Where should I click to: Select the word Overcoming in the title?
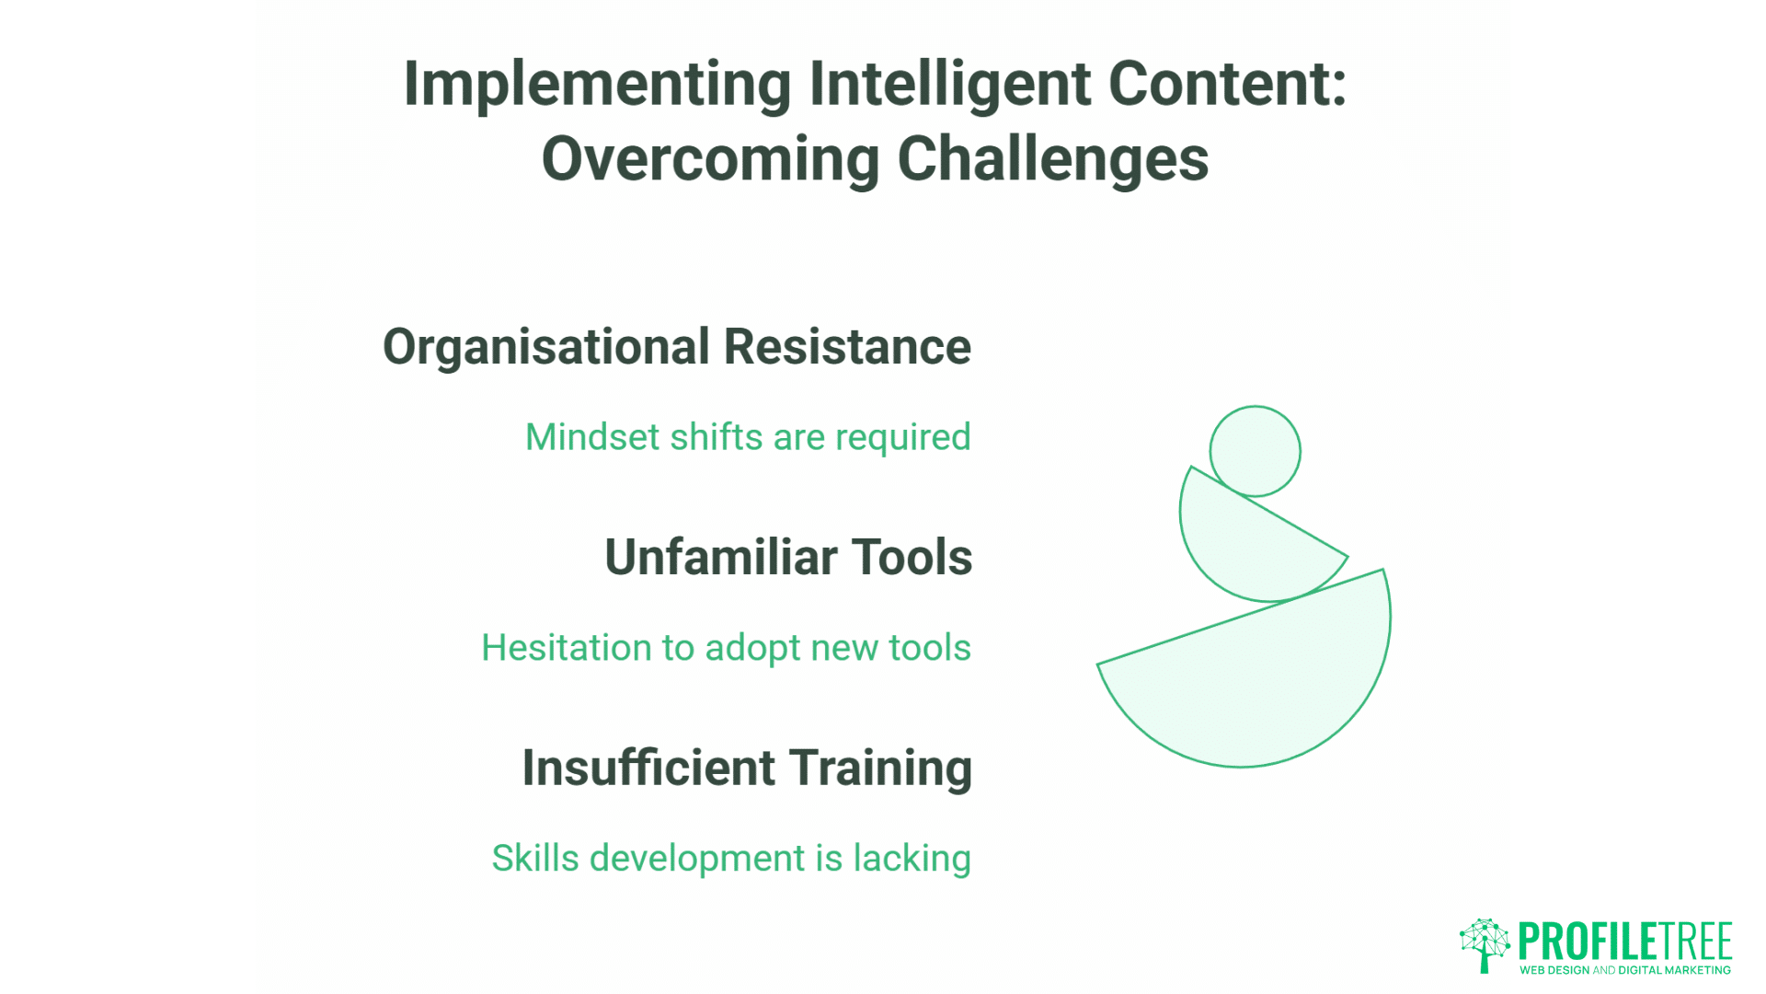pos(710,159)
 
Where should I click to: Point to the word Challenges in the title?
pos(1052,159)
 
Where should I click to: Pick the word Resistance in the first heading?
pos(847,348)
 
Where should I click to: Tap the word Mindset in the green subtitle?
pos(591,437)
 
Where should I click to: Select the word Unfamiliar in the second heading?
pos(721,558)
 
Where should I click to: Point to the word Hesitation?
pos(567,648)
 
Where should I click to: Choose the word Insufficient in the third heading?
pos(648,769)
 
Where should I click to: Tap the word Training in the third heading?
pos(880,769)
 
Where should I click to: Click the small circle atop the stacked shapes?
pos(1255,451)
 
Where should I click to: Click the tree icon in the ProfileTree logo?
pos(1484,944)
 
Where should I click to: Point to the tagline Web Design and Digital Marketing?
pos(1624,970)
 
